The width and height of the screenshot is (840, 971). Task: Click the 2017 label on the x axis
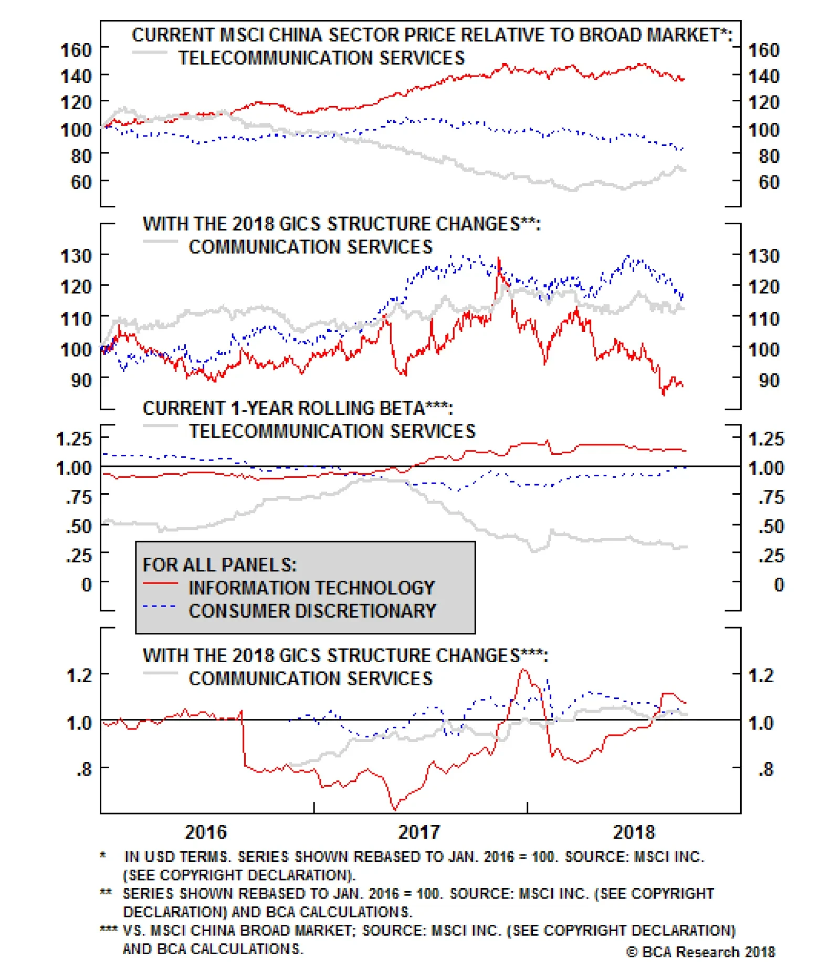click(418, 832)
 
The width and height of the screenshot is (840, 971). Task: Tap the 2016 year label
click(205, 832)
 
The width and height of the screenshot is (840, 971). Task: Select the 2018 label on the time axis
click(634, 832)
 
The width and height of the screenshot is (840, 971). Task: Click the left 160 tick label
click(76, 50)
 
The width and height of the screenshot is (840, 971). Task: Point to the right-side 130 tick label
click(763, 256)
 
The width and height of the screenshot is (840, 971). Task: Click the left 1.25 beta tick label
click(73, 438)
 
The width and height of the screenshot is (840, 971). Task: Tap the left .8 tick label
click(84, 769)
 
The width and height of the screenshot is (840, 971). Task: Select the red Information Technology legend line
click(160, 583)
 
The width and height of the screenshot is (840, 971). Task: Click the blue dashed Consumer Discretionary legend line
click(160, 607)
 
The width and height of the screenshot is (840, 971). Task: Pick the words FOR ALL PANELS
click(219, 565)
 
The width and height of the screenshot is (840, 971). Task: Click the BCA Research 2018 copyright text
click(700, 952)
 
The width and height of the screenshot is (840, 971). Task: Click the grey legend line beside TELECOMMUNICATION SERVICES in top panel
click(150, 53)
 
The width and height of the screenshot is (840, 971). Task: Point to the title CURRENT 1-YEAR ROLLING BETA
click(297, 408)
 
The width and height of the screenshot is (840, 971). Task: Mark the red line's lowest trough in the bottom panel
click(395, 809)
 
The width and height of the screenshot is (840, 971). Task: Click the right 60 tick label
click(769, 182)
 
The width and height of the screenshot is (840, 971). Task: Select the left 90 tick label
click(81, 380)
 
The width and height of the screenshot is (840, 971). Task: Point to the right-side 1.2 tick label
click(761, 675)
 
